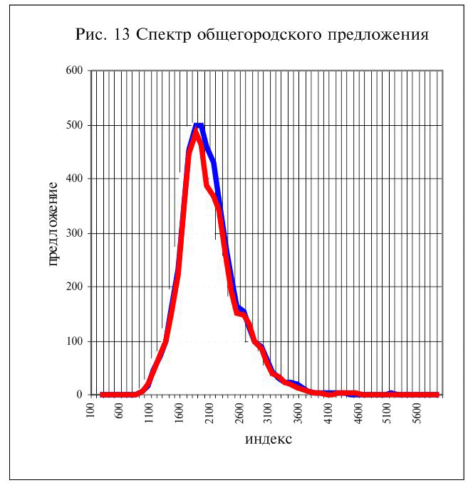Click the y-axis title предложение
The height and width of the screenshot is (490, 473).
[53, 225]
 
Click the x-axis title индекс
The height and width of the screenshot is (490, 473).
[268, 438]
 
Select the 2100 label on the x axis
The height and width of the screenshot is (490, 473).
[209, 413]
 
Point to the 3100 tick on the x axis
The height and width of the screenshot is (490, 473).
[269, 413]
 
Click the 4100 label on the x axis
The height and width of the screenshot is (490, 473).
[328, 413]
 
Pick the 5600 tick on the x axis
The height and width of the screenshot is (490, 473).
[417, 413]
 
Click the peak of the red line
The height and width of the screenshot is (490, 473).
[197, 129]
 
